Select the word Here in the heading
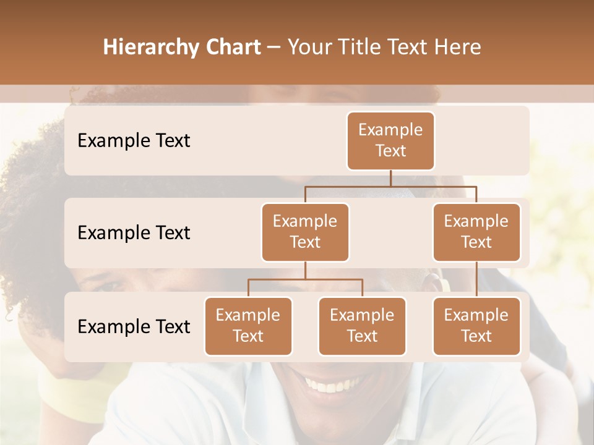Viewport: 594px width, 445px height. click(458, 48)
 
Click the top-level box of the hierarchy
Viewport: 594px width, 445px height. click(390, 141)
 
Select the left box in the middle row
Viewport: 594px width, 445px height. click(305, 232)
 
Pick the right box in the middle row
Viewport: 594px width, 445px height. click(476, 232)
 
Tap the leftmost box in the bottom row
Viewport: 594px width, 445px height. click(248, 326)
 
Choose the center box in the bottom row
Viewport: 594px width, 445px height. click(362, 326)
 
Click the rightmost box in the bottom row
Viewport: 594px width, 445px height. click(476, 326)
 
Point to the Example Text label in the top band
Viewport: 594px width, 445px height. click(134, 141)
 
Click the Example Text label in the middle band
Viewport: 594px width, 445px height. click(134, 233)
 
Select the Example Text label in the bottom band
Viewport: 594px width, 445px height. click(134, 326)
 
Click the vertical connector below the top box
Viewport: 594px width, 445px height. click(390, 178)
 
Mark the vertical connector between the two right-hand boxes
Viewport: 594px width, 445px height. click(476, 279)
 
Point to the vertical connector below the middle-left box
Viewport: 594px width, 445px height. click(305, 270)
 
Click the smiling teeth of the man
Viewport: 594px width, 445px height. click(328, 386)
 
